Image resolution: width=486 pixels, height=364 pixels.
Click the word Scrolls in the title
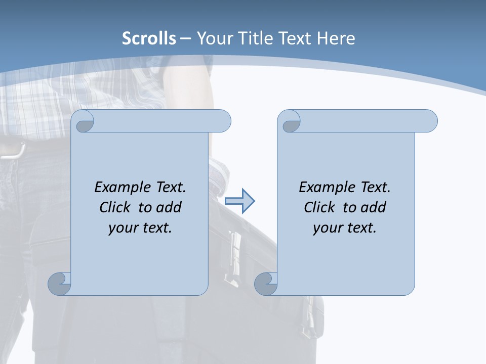pyautogui.click(x=149, y=38)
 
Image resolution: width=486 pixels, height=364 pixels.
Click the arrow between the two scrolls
pyautogui.click(x=239, y=201)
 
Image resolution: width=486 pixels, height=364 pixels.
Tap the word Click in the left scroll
pyautogui.click(x=115, y=207)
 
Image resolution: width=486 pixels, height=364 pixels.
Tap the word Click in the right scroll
pyautogui.click(x=319, y=207)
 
